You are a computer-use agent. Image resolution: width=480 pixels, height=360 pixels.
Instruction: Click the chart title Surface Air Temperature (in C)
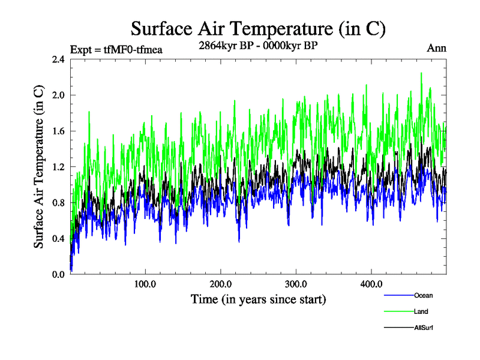258,28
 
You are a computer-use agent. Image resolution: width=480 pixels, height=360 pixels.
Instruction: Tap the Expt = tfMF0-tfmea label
116,49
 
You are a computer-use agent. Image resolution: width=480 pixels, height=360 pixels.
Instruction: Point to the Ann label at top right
436,48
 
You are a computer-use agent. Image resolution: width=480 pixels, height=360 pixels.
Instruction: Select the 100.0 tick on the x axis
146,284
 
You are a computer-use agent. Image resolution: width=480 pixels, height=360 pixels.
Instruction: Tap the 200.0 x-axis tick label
221,284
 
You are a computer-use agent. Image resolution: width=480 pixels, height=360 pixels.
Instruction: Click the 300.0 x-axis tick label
296,284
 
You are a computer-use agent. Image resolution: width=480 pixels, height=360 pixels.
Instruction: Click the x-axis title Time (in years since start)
258,299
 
